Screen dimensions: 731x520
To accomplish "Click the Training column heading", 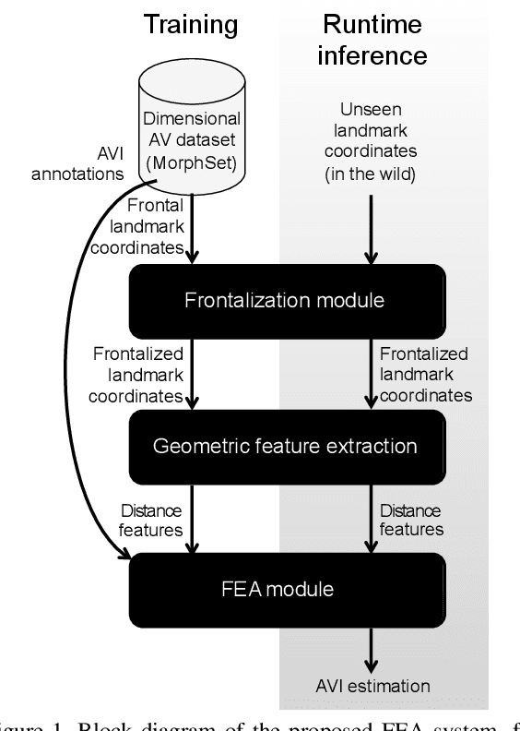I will tap(190, 24).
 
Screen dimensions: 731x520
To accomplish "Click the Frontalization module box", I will tap(286, 300).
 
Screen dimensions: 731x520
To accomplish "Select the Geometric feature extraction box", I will tap(286, 447).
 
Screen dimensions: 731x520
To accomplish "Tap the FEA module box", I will tap(286, 587).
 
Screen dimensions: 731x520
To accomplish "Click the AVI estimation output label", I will tap(373, 686).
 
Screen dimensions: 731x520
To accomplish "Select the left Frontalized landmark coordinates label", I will tap(138, 374).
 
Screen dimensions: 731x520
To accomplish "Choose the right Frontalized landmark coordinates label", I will tap(424, 374).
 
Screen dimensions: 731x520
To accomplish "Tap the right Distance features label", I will tap(412, 520).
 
